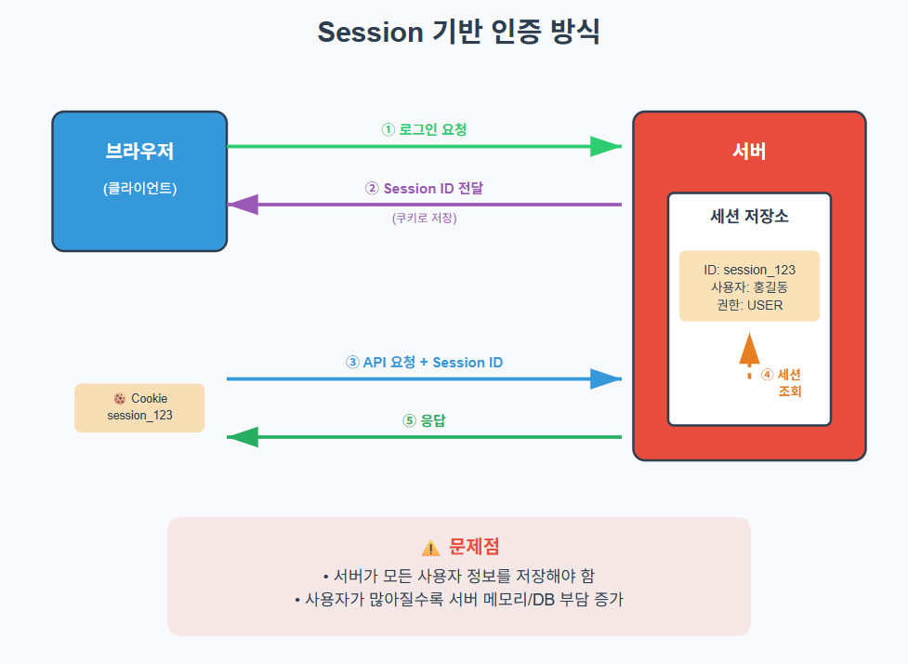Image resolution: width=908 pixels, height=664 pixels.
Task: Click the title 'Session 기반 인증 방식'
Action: point(458,32)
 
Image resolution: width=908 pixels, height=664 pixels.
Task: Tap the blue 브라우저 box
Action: point(139,181)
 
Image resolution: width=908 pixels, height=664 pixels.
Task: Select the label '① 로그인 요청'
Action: point(424,129)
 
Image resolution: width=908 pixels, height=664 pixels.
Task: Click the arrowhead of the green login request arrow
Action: point(606,146)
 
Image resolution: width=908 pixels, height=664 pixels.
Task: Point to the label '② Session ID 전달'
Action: point(424,188)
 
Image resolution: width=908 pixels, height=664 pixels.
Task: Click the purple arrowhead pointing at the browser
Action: point(243,205)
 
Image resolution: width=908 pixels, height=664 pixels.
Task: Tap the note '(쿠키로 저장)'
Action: point(424,219)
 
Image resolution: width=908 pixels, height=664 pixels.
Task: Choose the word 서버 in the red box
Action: point(749,152)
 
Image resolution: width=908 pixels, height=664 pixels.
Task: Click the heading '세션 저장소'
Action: point(749,217)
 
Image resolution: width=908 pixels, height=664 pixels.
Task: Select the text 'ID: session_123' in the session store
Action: point(749,270)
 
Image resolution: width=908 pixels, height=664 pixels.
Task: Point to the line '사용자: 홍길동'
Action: point(749,286)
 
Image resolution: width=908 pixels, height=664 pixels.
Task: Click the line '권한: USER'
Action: point(749,304)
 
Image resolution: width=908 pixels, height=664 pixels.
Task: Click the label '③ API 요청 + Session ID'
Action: point(424,362)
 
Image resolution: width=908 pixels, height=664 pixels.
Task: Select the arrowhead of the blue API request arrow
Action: point(606,378)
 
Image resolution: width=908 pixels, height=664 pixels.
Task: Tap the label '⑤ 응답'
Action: point(424,420)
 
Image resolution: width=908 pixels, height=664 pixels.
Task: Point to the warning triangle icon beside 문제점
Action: point(430,548)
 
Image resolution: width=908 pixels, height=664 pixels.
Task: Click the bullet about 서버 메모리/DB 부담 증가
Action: point(458,600)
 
